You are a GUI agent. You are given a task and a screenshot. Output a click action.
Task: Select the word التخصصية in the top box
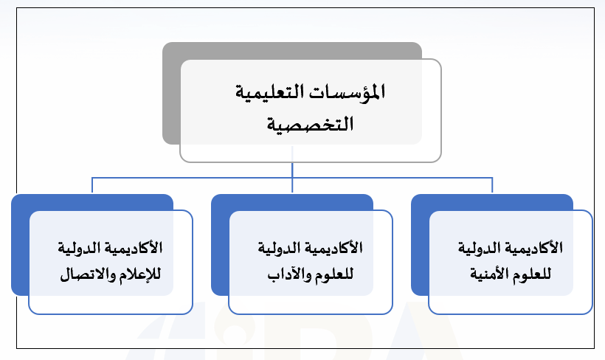click(x=310, y=124)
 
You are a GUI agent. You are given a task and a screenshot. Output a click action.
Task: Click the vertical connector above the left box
click(x=92, y=185)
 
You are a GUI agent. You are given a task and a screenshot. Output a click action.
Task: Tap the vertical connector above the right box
click(x=492, y=185)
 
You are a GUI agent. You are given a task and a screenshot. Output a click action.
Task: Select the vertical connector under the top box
click(x=292, y=170)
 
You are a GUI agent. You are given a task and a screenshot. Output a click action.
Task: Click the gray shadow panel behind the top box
click(x=171, y=93)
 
